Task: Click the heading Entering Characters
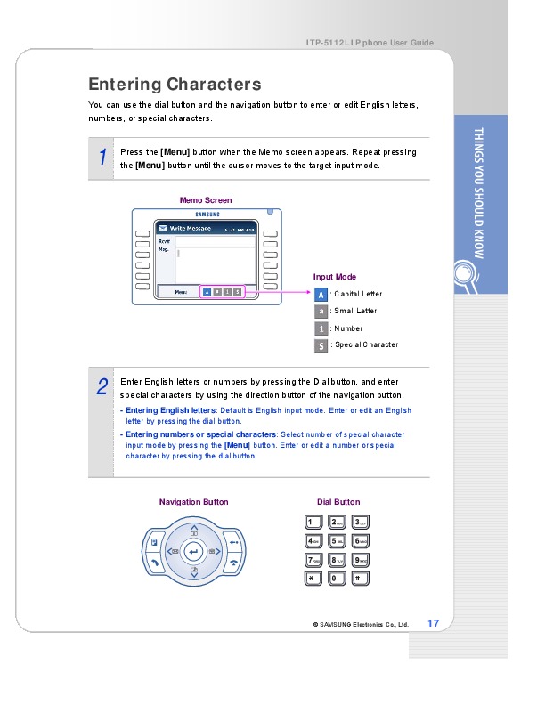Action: pos(175,85)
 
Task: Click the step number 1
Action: pos(102,158)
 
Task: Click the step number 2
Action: pos(102,386)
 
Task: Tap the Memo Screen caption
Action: pos(206,200)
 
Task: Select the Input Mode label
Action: pos(335,277)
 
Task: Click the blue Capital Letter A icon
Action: pos(321,294)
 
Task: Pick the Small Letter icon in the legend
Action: pos(321,311)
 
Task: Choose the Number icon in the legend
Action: pos(321,328)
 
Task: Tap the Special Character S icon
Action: pos(321,344)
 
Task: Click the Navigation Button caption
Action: pos(193,502)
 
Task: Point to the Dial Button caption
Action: pos(338,502)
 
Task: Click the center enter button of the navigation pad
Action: pos(194,553)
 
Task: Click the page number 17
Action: pos(434,622)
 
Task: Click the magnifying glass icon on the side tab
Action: pos(466,272)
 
